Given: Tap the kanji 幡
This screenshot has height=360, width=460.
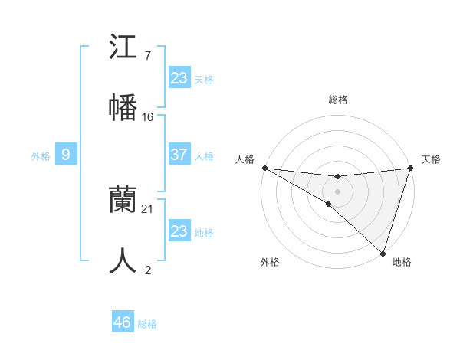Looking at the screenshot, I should click(123, 107).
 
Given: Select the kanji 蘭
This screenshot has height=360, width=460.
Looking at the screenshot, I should click(123, 200).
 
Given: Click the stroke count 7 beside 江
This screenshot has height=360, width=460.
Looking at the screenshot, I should click(147, 56).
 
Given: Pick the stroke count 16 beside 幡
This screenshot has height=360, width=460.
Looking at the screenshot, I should click(148, 116).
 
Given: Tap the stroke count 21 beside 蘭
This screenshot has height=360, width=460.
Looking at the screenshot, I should click(148, 208).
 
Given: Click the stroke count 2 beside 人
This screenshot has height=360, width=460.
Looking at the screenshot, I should click(147, 270).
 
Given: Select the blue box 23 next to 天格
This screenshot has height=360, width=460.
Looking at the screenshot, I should click(179, 78).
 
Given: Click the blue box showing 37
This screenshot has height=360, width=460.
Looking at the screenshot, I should click(179, 155).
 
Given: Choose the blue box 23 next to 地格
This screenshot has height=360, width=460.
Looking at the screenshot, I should click(179, 231).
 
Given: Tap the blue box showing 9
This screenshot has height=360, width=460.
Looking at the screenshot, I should click(66, 155).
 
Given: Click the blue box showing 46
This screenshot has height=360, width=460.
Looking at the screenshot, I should click(123, 322).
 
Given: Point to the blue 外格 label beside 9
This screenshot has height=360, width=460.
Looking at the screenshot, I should click(41, 155).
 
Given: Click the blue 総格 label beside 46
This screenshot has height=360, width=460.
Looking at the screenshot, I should click(147, 324).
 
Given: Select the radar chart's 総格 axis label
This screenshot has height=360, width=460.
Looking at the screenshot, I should click(337, 100).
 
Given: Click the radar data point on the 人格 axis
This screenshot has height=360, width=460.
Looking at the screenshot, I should click(264, 168).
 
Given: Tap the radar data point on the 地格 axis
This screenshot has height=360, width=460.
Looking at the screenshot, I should click(383, 253).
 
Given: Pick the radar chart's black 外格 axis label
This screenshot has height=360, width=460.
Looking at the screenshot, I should click(270, 262).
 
